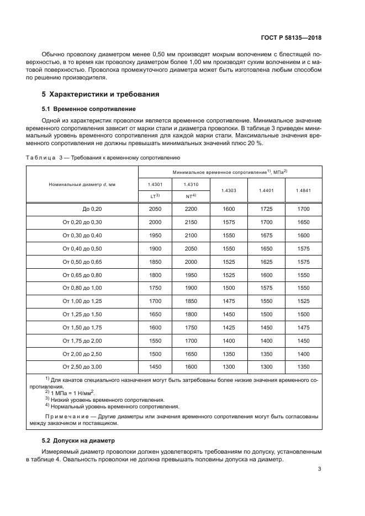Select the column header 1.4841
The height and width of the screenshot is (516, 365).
tap(303, 190)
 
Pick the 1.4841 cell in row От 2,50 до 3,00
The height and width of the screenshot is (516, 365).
tap(303, 367)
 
